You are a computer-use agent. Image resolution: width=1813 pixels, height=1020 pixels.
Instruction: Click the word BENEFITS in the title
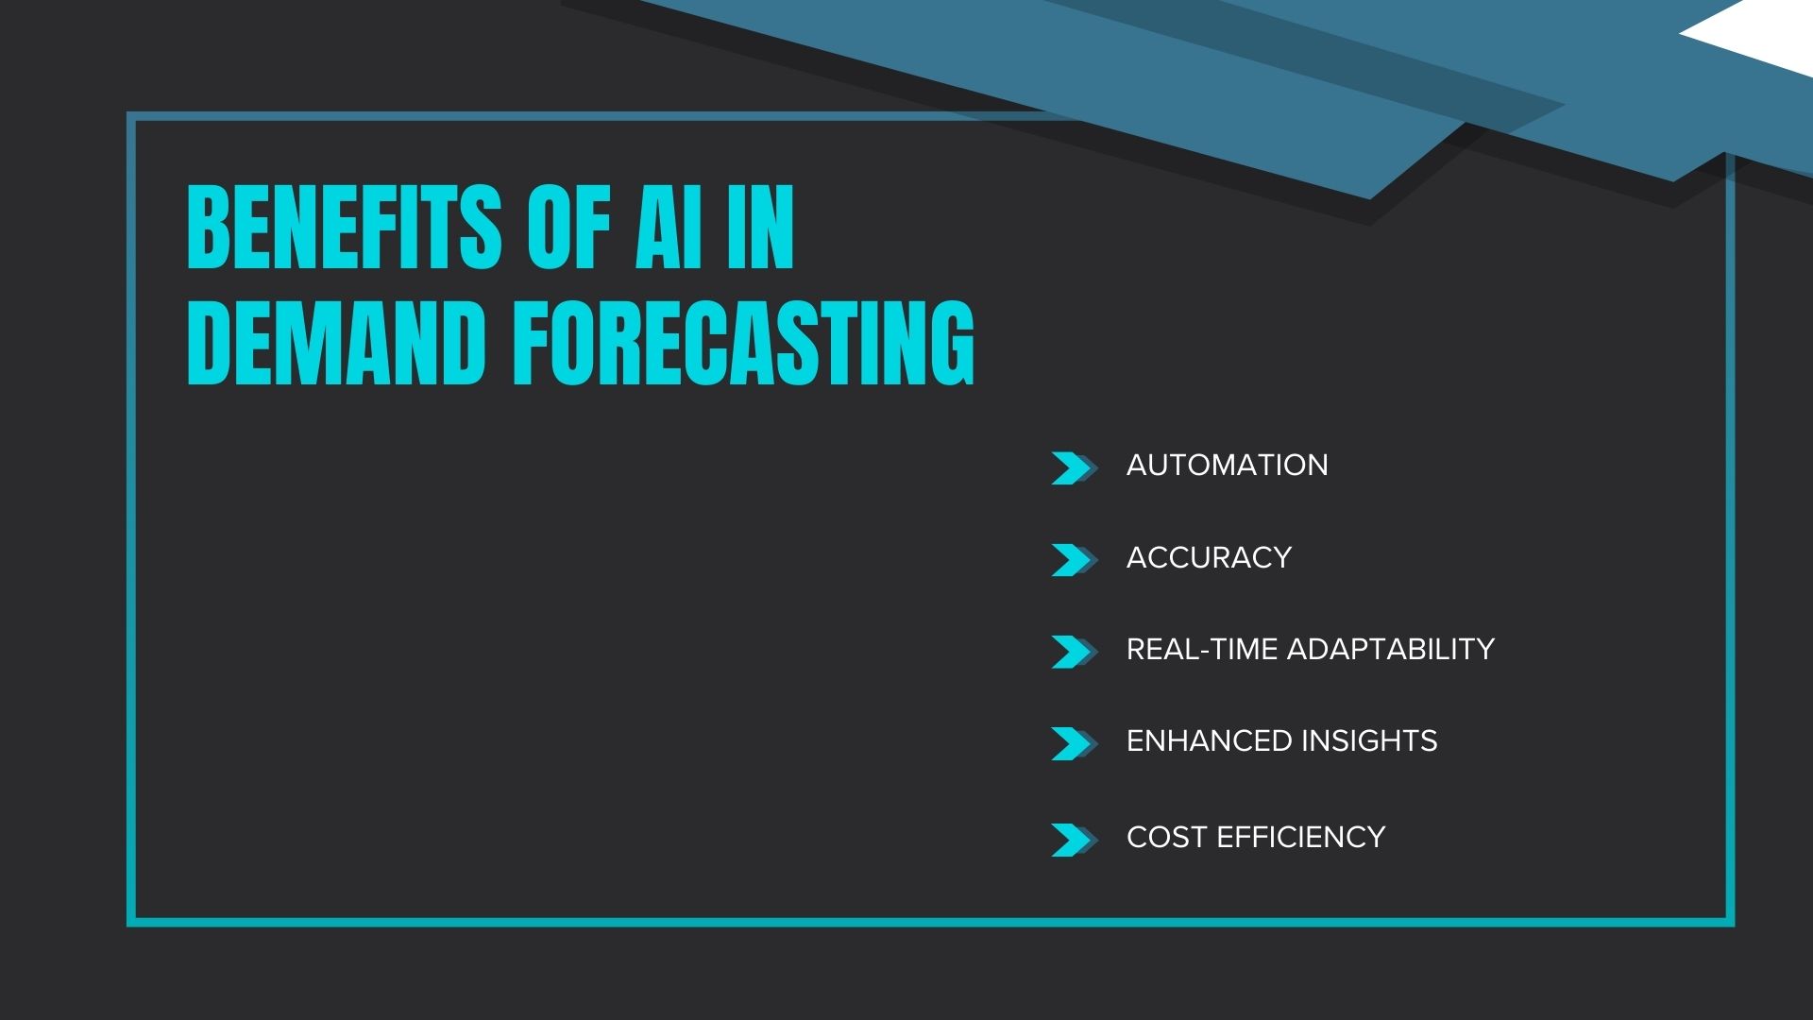pos(345,227)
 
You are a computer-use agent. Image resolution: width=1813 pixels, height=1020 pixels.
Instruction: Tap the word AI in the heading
pos(669,227)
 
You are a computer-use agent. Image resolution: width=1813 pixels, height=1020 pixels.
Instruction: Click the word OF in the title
pos(568,227)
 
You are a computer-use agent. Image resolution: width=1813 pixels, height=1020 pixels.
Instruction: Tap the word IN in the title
pos(760,227)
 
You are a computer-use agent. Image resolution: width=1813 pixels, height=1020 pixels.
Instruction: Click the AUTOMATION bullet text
pos(1227,465)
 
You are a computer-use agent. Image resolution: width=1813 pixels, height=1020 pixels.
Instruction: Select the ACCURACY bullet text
pos(1209,557)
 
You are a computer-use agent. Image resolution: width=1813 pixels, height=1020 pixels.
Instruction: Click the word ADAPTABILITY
pos(1390,649)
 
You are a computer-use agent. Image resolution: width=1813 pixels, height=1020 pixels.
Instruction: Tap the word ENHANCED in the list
pos(1209,740)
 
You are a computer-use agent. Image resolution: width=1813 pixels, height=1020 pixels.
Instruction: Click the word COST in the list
pos(1166,837)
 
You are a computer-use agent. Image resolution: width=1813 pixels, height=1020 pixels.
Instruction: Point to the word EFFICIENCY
pos(1300,837)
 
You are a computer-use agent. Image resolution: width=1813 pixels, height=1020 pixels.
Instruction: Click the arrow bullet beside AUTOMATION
pos(1074,468)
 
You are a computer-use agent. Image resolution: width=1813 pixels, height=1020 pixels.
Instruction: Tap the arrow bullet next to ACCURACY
pos(1074,560)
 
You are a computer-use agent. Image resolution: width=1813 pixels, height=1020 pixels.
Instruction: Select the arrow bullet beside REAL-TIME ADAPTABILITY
pos(1074,652)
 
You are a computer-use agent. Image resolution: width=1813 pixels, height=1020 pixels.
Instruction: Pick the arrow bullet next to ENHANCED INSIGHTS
pos(1074,743)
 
